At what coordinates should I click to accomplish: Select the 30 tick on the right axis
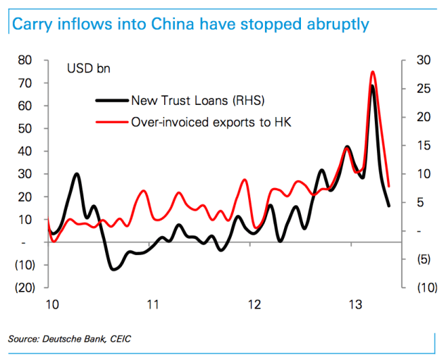point(419,61)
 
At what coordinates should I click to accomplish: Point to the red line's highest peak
point(372,72)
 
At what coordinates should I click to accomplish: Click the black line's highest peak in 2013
point(371,86)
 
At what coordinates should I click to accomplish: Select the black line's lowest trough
point(113,268)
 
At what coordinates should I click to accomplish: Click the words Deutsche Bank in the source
point(75,340)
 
